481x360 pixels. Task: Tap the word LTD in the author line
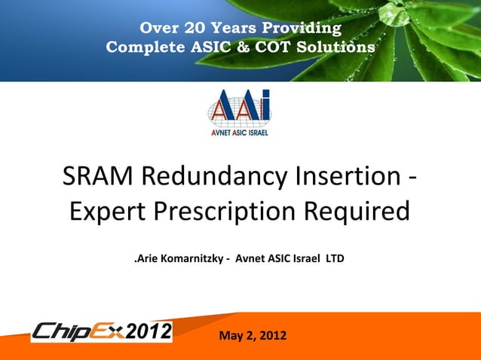(335, 260)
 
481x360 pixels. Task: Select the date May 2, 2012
(252, 334)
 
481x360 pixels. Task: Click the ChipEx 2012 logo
(101, 331)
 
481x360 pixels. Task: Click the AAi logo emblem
(239, 108)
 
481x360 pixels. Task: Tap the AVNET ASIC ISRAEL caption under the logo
(239, 133)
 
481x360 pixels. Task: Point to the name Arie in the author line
(146, 260)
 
